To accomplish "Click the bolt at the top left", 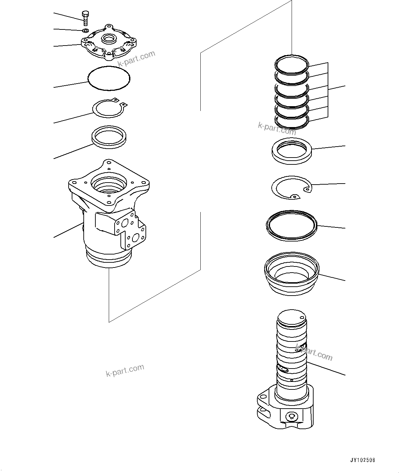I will coord(85,17).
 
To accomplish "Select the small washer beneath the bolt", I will coord(86,31).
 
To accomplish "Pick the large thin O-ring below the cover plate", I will coord(109,78).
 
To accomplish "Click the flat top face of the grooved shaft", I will coord(291,316).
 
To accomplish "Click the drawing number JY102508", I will coord(363,460).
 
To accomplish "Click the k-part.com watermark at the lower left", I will coord(125,370).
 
